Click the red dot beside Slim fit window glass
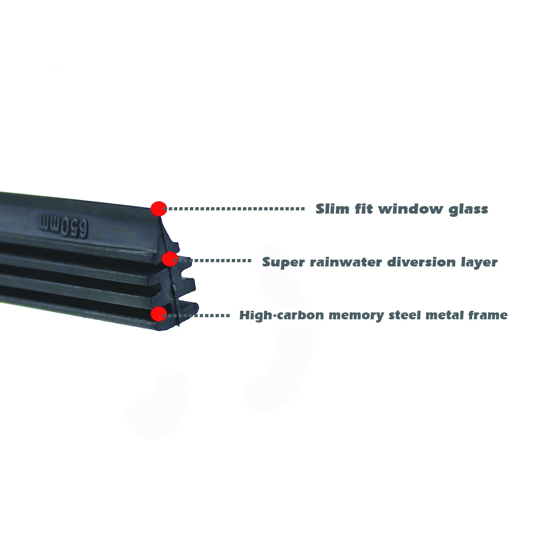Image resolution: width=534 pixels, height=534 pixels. coord(159,208)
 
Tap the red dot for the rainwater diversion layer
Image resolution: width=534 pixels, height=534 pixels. coord(170,259)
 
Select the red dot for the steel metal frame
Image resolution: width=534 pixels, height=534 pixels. coord(159,314)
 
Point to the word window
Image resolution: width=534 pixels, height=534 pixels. coord(409,209)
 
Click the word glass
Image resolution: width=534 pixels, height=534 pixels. coord(468,210)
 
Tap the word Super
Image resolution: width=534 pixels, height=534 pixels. coord(284,263)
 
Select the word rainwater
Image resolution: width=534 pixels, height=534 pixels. coord(346,262)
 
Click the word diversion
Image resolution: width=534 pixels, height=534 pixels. coord(421,262)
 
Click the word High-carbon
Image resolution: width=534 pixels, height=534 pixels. coord(281,316)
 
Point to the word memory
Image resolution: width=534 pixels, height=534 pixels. coord(356,316)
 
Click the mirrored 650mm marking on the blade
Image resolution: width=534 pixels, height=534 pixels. coord(64,225)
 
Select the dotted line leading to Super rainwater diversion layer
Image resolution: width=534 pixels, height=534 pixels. coord(215,261)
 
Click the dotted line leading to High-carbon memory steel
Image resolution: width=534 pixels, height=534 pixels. coord(198,316)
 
